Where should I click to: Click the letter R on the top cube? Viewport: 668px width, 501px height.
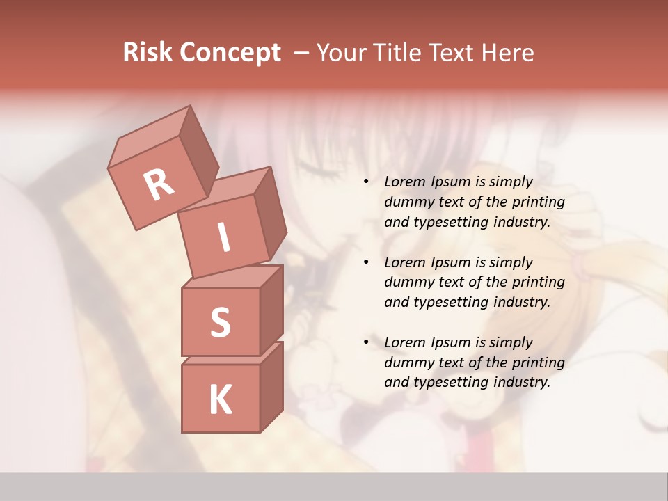(x=159, y=185)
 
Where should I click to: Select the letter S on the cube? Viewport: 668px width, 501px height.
(x=220, y=321)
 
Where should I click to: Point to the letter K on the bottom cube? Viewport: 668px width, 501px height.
(x=220, y=399)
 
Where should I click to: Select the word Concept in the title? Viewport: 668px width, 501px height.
(x=230, y=53)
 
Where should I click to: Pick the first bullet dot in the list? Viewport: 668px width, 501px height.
(x=366, y=182)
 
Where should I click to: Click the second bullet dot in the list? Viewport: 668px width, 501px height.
(x=366, y=263)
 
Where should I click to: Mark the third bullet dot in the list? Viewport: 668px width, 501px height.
(x=366, y=343)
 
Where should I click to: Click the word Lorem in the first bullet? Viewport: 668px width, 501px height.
(x=404, y=182)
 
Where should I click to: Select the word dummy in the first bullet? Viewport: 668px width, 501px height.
(x=406, y=202)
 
